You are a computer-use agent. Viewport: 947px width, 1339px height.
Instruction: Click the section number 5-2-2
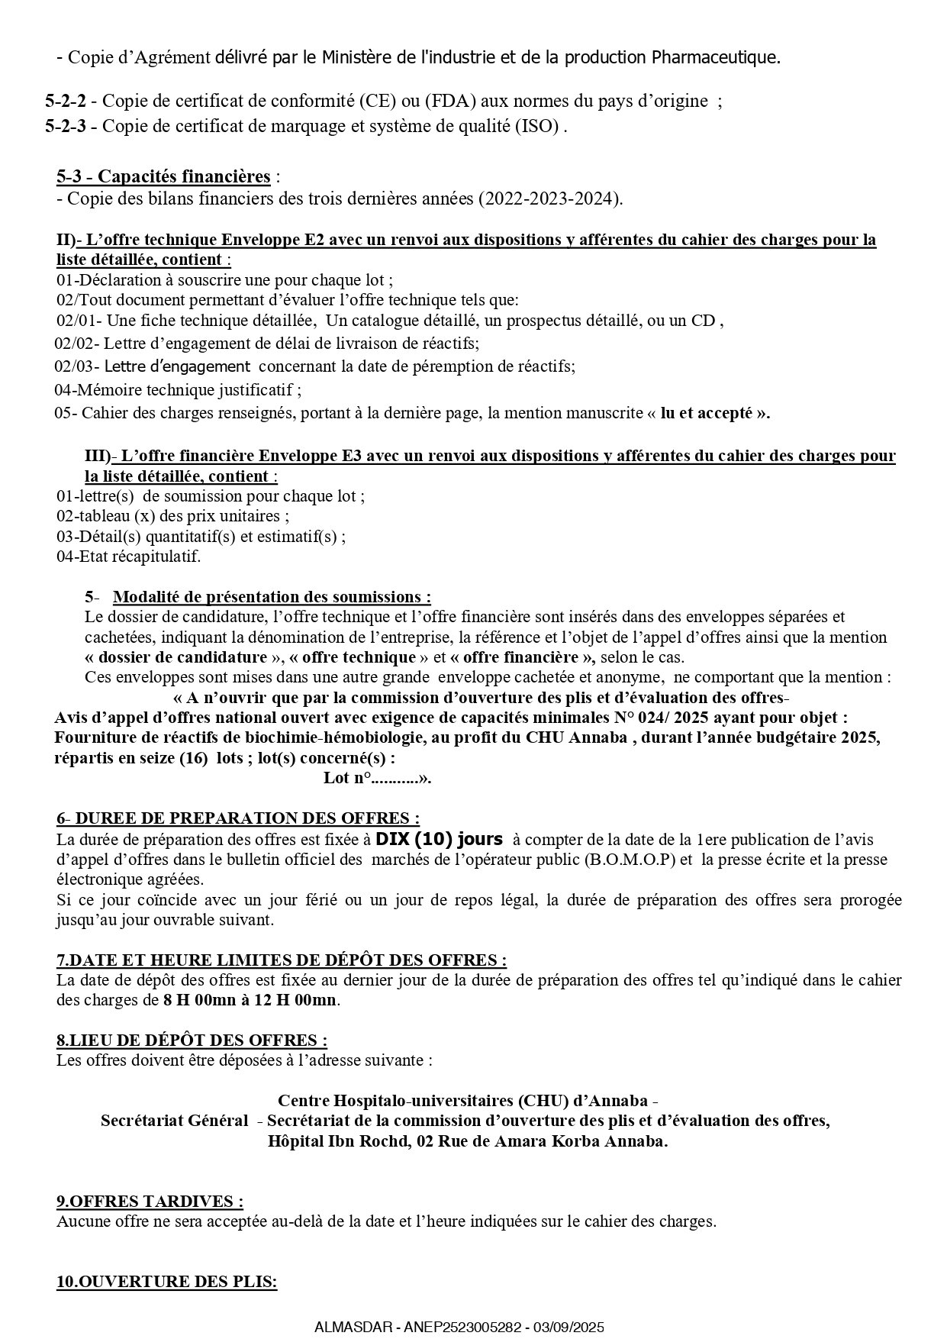65,101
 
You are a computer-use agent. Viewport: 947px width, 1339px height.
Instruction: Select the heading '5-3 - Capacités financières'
163,177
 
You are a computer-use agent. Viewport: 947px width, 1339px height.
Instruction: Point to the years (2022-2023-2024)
549,199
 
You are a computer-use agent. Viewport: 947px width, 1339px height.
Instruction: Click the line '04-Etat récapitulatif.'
128,557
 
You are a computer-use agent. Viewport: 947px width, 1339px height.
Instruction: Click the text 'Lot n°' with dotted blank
377,778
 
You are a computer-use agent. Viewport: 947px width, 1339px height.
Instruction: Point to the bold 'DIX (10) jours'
439,840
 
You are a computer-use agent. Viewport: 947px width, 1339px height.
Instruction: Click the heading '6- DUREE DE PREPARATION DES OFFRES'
237,818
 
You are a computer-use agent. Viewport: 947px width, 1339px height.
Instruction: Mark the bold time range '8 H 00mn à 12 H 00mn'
250,1000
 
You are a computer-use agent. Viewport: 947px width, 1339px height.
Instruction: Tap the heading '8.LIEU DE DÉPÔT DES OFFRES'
192,1041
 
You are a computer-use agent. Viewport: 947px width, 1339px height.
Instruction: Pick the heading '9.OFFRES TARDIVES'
150,1202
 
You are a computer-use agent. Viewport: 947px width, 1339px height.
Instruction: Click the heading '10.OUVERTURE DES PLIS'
166,1282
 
